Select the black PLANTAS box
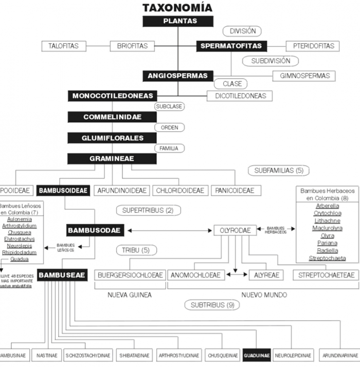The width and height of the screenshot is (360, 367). (x=177, y=21)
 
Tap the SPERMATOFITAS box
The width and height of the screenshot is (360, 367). (x=231, y=46)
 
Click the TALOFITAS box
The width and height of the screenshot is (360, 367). (x=64, y=46)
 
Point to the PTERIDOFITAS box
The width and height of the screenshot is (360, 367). (x=313, y=46)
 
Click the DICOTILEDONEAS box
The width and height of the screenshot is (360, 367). (x=240, y=96)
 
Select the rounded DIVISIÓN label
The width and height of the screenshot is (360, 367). (x=243, y=31)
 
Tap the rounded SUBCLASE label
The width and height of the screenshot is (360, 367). (x=169, y=106)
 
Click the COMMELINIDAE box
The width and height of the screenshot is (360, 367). (x=113, y=117)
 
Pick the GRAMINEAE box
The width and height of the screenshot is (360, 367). (x=113, y=159)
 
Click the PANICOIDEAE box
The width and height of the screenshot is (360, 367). (x=235, y=191)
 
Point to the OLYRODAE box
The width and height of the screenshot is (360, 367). (x=235, y=230)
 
